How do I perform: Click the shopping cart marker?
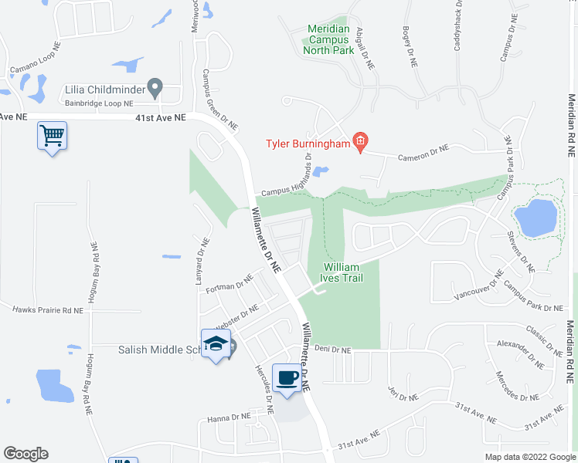(53, 137)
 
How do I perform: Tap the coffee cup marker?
(287, 378)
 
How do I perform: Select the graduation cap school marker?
(216, 345)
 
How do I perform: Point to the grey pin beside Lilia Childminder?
(155, 89)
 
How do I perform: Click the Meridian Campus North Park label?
(329, 39)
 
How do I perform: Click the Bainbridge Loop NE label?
(100, 103)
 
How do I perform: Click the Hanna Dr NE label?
(229, 417)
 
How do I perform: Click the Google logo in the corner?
(25, 454)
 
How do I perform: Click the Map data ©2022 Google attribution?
(529, 457)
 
